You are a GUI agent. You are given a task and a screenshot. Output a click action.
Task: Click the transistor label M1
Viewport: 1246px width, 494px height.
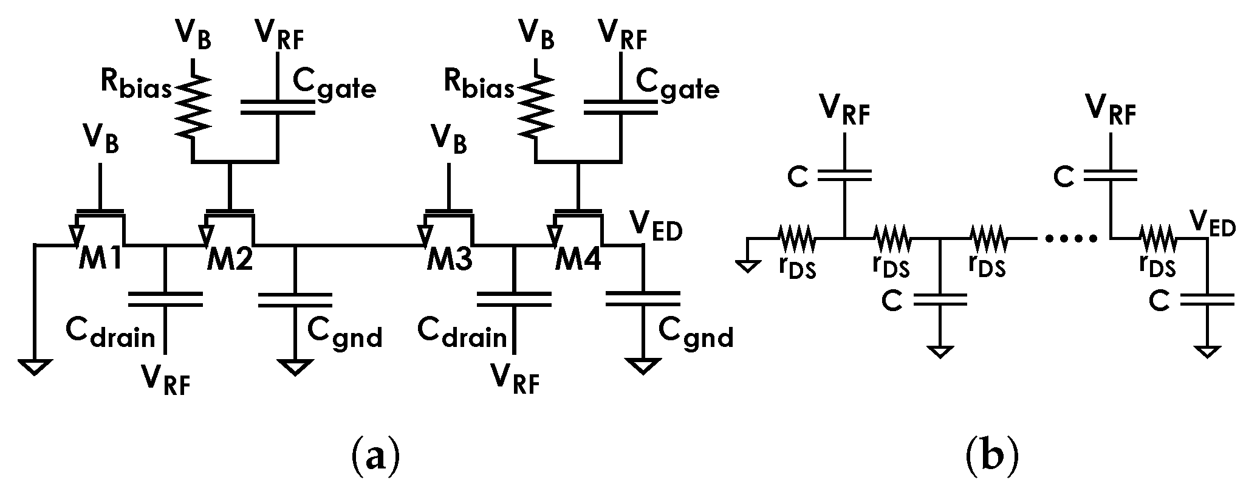[x=100, y=261]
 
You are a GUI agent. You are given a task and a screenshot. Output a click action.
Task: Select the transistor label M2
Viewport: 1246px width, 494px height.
[x=230, y=261]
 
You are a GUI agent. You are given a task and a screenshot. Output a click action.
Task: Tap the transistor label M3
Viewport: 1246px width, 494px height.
[x=448, y=261]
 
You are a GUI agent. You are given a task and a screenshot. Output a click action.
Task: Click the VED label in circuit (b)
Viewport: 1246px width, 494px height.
[x=1213, y=227]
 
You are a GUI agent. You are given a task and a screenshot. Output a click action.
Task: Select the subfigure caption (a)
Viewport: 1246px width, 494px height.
[x=376, y=455]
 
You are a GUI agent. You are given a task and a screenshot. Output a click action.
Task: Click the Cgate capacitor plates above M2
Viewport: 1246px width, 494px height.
[x=278, y=108]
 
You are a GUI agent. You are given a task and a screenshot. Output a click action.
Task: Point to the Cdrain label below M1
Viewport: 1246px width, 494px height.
[x=111, y=335]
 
